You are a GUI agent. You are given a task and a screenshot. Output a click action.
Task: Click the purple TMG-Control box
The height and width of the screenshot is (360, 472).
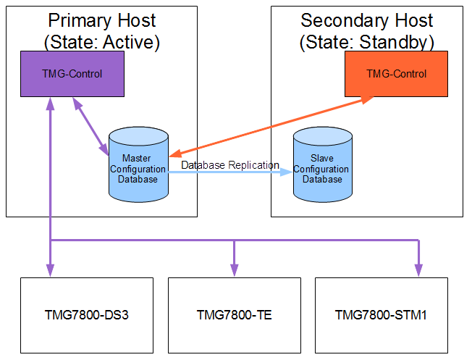point(72,74)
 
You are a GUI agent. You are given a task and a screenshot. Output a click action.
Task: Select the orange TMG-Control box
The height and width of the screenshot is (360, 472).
point(396,74)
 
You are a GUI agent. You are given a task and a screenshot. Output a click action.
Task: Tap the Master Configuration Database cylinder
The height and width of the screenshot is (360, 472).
point(138,164)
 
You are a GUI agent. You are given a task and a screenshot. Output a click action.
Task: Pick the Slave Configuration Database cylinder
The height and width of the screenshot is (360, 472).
point(323,164)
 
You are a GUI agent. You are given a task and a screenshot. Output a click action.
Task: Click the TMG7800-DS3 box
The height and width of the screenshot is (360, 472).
point(87,315)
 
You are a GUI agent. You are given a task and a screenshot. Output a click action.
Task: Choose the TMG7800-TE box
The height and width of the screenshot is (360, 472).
point(235,315)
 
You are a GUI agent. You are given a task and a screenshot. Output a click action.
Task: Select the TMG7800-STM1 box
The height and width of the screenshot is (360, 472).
point(382,315)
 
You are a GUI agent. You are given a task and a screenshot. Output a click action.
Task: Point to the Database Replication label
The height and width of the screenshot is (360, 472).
point(230,165)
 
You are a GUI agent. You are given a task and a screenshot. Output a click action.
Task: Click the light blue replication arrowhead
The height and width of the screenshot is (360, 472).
point(286,172)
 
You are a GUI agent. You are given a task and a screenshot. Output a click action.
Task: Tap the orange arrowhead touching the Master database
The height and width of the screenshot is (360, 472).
point(175,154)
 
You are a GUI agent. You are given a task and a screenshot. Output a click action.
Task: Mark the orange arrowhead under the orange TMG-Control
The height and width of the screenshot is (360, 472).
point(367,100)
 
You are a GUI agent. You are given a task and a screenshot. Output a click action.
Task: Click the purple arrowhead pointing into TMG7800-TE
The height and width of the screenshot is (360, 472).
point(235,270)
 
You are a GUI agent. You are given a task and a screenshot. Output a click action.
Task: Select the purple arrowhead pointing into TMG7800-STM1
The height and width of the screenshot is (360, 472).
point(418,270)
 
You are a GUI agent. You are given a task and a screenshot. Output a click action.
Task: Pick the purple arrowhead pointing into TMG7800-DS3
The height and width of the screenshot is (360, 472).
point(50,270)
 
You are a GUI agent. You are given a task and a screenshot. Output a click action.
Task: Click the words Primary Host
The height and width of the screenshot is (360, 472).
point(102,20)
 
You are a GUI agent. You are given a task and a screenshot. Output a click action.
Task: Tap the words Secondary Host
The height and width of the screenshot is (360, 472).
point(366,20)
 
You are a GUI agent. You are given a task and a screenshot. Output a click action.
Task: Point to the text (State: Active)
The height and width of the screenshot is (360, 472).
point(102,42)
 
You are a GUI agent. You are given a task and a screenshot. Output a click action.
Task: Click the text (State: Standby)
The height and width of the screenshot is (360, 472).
point(366,42)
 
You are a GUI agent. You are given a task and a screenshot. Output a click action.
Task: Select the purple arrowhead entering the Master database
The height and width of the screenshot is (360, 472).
point(104,149)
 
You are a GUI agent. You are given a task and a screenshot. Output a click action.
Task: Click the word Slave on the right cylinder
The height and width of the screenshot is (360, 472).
point(322,158)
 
